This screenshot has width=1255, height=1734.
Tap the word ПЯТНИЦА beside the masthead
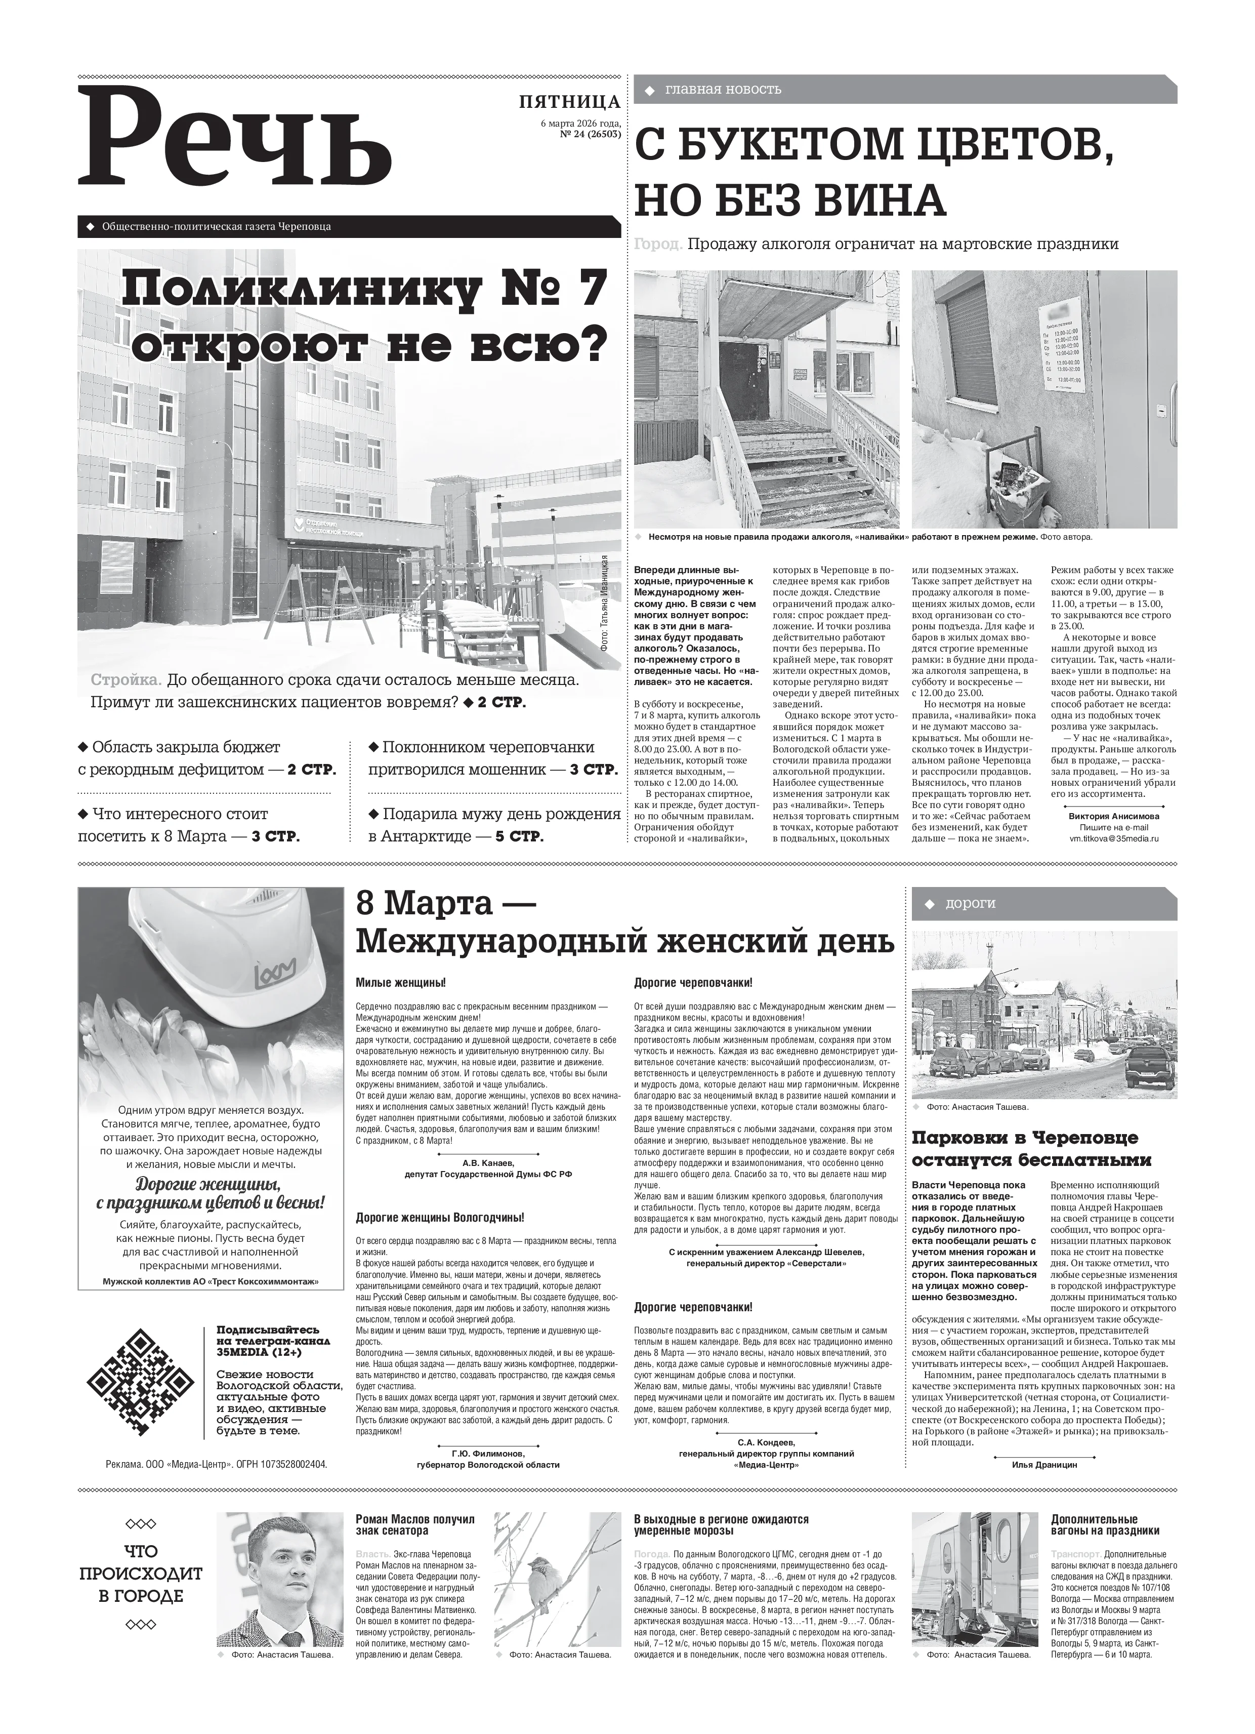coord(569,102)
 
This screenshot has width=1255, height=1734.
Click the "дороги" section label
coord(971,903)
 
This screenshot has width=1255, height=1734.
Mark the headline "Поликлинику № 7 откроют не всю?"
coord(367,315)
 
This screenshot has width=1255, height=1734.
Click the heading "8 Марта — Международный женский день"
coord(624,923)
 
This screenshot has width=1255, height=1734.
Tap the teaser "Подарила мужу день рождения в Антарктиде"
coord(494,825)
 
